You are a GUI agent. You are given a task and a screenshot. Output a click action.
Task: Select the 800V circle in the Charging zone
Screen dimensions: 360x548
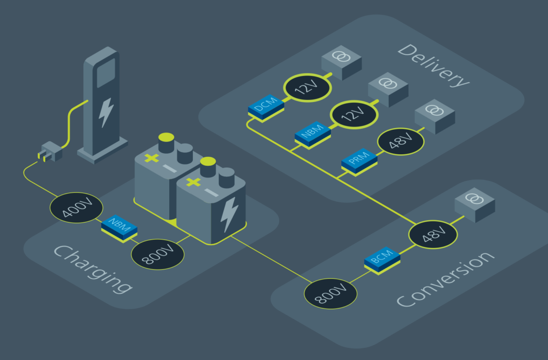tap(157, 253)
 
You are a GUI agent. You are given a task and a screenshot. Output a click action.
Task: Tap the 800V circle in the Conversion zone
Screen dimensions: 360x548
tap(331, 292)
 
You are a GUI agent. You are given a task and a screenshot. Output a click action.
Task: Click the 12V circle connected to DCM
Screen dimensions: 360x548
tap(307, 87)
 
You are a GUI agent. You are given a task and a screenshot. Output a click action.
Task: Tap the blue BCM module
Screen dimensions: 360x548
tap(382, 261)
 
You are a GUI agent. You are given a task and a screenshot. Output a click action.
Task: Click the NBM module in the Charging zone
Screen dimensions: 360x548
tap(119, 227)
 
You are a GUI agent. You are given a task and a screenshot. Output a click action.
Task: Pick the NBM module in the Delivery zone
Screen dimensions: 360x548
tap(312, 132)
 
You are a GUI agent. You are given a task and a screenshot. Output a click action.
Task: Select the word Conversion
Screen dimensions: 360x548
tap(445, 279)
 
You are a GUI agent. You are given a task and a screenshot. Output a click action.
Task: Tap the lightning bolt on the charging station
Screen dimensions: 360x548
tap(106, 112)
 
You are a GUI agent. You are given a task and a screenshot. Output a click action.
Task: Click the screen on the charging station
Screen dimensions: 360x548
tap(106, 72)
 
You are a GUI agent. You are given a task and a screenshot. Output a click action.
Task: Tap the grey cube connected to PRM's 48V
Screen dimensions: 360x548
tap(435, 115)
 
